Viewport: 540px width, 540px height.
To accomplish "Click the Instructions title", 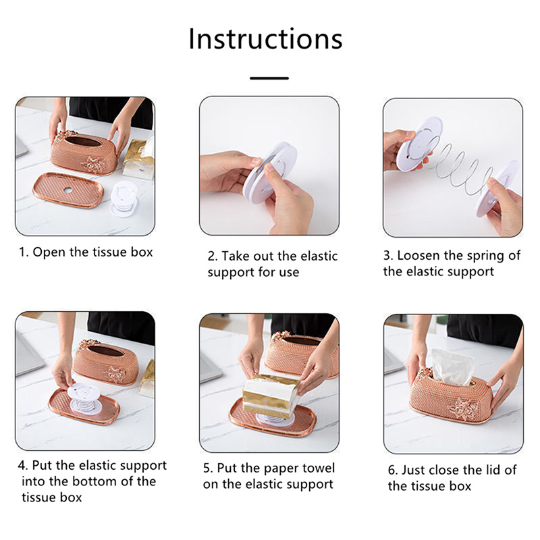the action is click(x=265, y=39).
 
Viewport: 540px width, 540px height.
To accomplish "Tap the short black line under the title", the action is click(x=269, y=78).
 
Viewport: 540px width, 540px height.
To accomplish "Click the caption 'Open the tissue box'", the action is click(x=92, y=252).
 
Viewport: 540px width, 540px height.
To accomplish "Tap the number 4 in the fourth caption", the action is click(x=22, y=466).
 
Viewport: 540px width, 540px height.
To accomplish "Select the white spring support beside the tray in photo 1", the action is click(x=124, y=198).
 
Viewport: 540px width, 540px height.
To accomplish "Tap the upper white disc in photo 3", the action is click(x=418, y=144).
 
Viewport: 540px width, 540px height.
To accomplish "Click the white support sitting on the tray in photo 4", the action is click(x=84, y=398).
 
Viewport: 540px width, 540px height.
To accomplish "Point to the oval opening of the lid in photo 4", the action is click(x=105, y=350).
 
